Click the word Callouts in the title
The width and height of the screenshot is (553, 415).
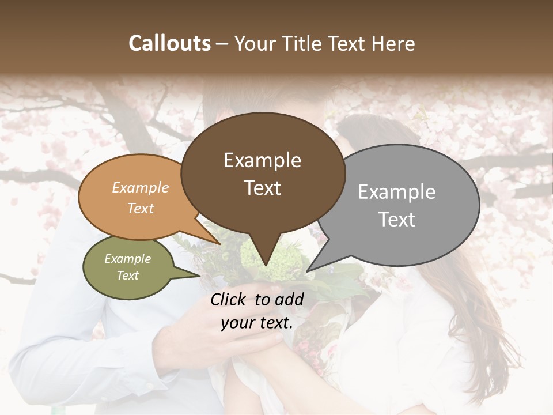coord(169,43)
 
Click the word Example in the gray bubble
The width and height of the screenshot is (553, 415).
coord(397,192)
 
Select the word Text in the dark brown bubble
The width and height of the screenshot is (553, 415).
coord(263,188)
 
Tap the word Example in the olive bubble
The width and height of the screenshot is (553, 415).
coord(127,259)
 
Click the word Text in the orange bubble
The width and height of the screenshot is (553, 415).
coord(141,208)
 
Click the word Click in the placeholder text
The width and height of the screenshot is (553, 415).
coord(230,299)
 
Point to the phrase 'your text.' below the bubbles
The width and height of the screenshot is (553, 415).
coord(257,323)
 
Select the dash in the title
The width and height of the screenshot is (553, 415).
coord(223,43)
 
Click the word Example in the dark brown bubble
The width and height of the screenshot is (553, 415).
coord(262,160)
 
